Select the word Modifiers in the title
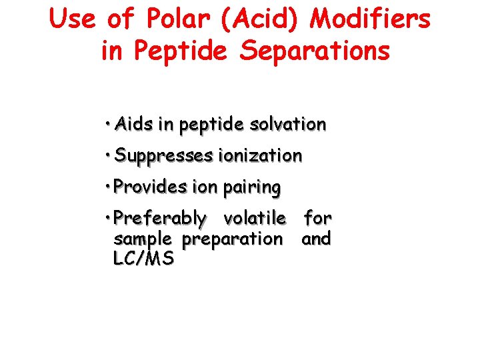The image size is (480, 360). (x=371, y=19)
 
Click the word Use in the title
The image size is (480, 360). (x=74, y=19)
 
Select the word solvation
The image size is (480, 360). (x=287, y=125)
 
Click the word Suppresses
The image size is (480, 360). (x=163, y=156)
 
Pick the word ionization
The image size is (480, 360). (x=260, y=156)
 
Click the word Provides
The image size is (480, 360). (x=151, y=187)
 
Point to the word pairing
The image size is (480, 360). (x=251, y=187)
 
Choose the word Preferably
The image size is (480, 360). (x=160, y=218)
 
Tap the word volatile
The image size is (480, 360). (x=255, y=218)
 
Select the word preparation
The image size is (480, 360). (x=232, y=239)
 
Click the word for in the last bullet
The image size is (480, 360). (x=317, y=218)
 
